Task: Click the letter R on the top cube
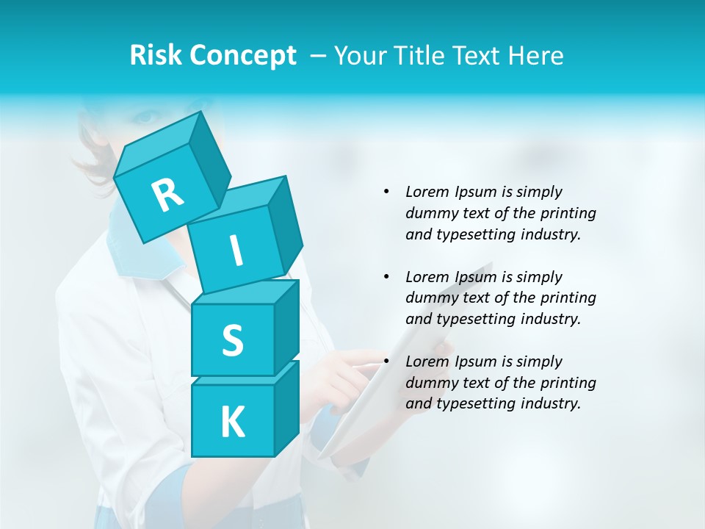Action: pyautogui.click(x=168, y=195)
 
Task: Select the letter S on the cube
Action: pyautogui.click(x=232, y=341)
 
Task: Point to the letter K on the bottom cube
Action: pyautogui.click(x=232, y=422)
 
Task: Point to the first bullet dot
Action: pyautogui.click(x=386, y=192)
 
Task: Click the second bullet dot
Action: pyautogui.click(x=386, y=277)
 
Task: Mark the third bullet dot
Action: pyautogui.click(x=386, y=361)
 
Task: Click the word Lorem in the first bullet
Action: pyautogui.click(x=427, y=192)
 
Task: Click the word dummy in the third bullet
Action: pyautogui.click(x=428, y=383)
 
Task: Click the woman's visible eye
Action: pyautogui.click(x=146, y=117)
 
